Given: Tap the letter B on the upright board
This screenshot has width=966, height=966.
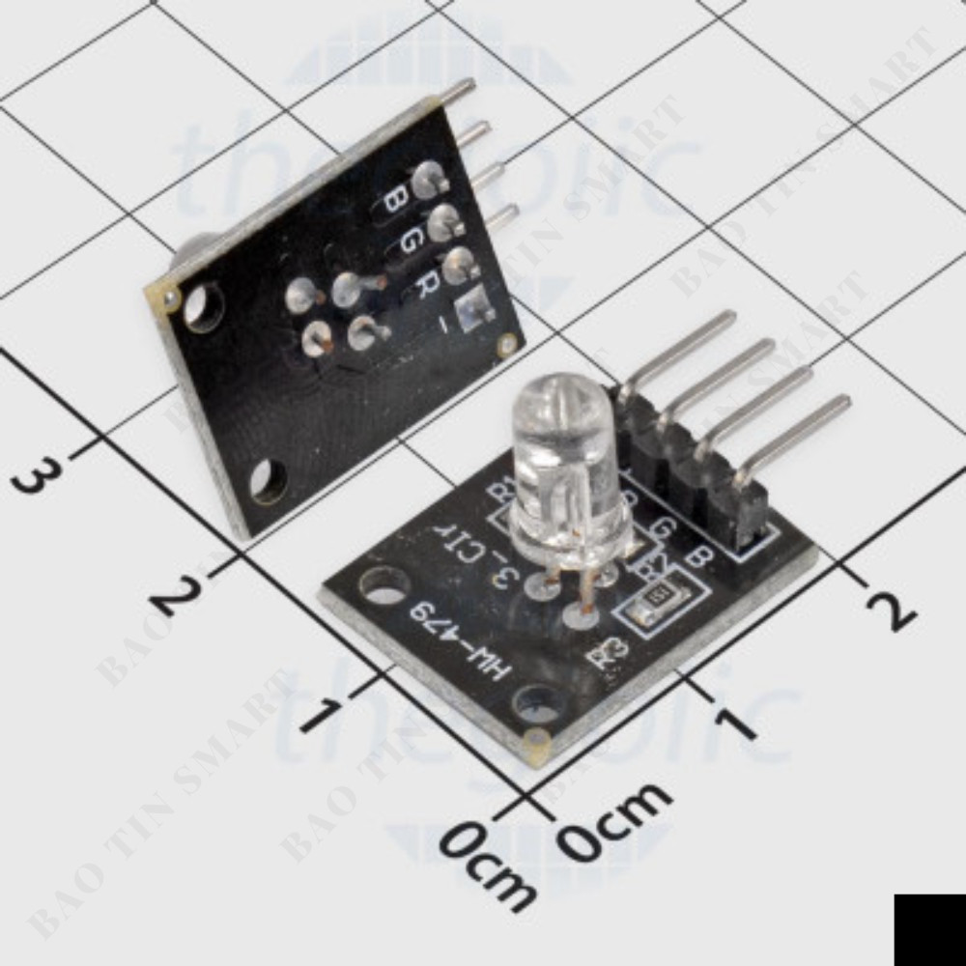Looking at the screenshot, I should (x=394, y=200).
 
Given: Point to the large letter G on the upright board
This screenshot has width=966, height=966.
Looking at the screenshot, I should (x=409, y=241).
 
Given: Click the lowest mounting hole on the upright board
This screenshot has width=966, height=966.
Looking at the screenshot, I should (x=267, y=480).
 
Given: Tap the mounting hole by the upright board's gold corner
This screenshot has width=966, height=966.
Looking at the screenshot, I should (x=203, y=306).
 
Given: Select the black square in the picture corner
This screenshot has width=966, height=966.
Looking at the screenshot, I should (x=929, y=929).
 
